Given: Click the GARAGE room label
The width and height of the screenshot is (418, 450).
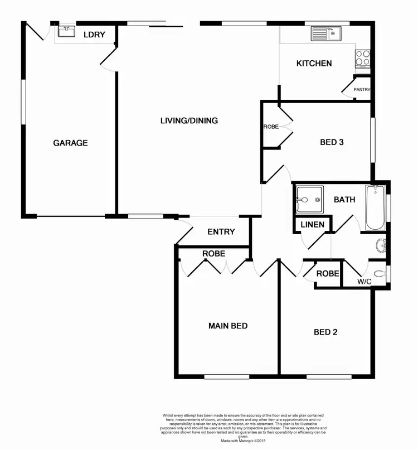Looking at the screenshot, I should [x=70, y=143].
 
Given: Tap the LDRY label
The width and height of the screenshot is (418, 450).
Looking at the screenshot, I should [x=94, y=35].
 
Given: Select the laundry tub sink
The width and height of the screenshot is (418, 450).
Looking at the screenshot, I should [x=66, y=31].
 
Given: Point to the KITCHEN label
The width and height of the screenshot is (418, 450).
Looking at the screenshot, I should [x=314, y=64].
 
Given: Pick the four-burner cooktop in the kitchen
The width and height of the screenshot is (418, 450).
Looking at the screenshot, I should [x=362, y=57].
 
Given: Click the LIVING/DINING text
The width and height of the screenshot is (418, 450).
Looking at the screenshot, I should [x=189, y=120].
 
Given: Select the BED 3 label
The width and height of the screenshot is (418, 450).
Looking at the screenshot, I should [x=332, y=142].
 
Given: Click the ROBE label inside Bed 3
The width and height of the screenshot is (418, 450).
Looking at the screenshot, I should [x=271, y=127].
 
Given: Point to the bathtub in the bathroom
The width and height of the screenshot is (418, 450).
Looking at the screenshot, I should [x=375, y=207].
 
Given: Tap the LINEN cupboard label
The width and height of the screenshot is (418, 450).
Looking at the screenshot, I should [x=312, y=225].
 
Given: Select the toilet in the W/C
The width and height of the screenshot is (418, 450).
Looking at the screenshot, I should [x=380, y=273].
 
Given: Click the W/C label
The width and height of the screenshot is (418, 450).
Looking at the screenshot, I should [x=364, y=282].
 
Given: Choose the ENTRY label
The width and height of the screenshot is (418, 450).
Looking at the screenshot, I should [x=221, y=232].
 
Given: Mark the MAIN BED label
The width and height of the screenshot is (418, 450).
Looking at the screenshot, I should [x=228, y=326].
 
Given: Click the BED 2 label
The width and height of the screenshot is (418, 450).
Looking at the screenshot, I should [x=326, y=332].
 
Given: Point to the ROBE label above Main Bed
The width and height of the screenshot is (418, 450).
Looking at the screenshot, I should [x=213, y=254].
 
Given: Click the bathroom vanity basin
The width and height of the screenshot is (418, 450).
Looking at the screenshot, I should [x=381, y=244].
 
